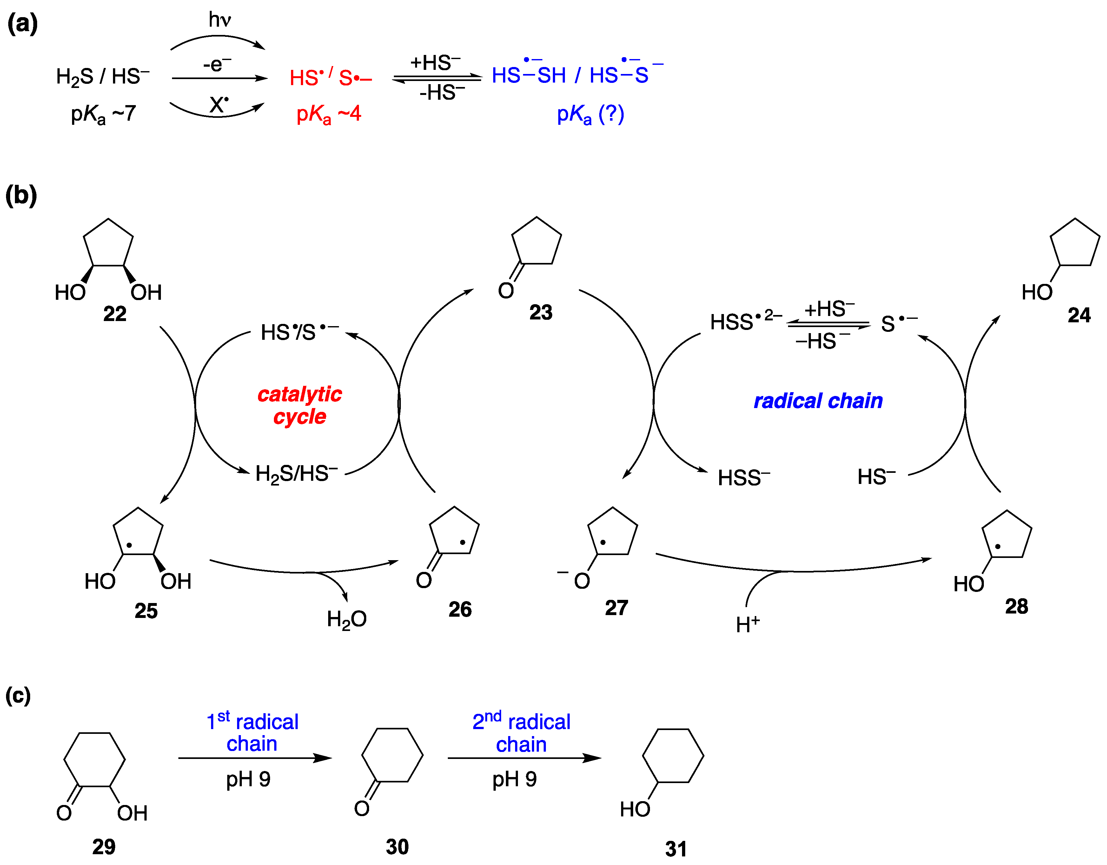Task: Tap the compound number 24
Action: tap(1079, 315)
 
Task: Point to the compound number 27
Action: tap(616, 607)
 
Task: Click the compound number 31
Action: tap(676, 849)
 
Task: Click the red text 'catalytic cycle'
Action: tap(300, 405)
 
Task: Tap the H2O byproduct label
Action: tap(347, 619)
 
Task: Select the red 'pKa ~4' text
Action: tap(328, 114)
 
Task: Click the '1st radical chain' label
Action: tap(252, 733)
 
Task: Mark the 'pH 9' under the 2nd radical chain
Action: tap(514, 779)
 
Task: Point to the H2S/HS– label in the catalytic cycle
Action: tap(296, 474)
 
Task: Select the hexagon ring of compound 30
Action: tap(392, 755)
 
